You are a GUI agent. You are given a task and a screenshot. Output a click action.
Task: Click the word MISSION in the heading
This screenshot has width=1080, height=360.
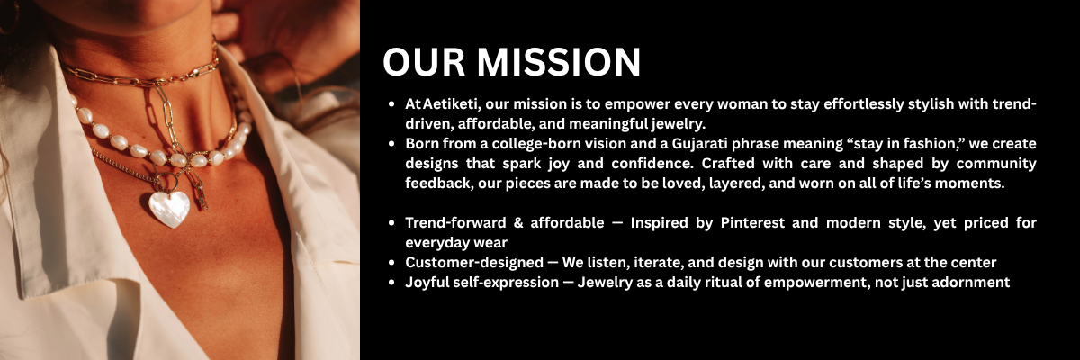pos(559,62)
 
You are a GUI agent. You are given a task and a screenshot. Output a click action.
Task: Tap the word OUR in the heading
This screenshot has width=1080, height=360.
pos(424,62)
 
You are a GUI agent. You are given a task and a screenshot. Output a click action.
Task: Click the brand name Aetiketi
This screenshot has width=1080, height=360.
pos(454,104)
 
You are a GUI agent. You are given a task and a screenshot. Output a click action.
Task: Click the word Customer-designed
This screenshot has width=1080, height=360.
pos(474,263)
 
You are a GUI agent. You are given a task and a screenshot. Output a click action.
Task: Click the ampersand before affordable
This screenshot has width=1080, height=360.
pos(518,223)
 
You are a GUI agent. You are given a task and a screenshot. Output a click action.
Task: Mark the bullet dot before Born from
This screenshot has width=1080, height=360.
pos(391,144)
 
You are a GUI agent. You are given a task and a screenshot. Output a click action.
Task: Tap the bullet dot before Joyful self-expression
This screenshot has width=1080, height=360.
pos(391,283)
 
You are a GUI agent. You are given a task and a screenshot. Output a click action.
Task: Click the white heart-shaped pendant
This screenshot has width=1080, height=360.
pos(169,209)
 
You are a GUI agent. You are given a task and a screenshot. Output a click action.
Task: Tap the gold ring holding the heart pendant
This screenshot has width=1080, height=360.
pos(166,182)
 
